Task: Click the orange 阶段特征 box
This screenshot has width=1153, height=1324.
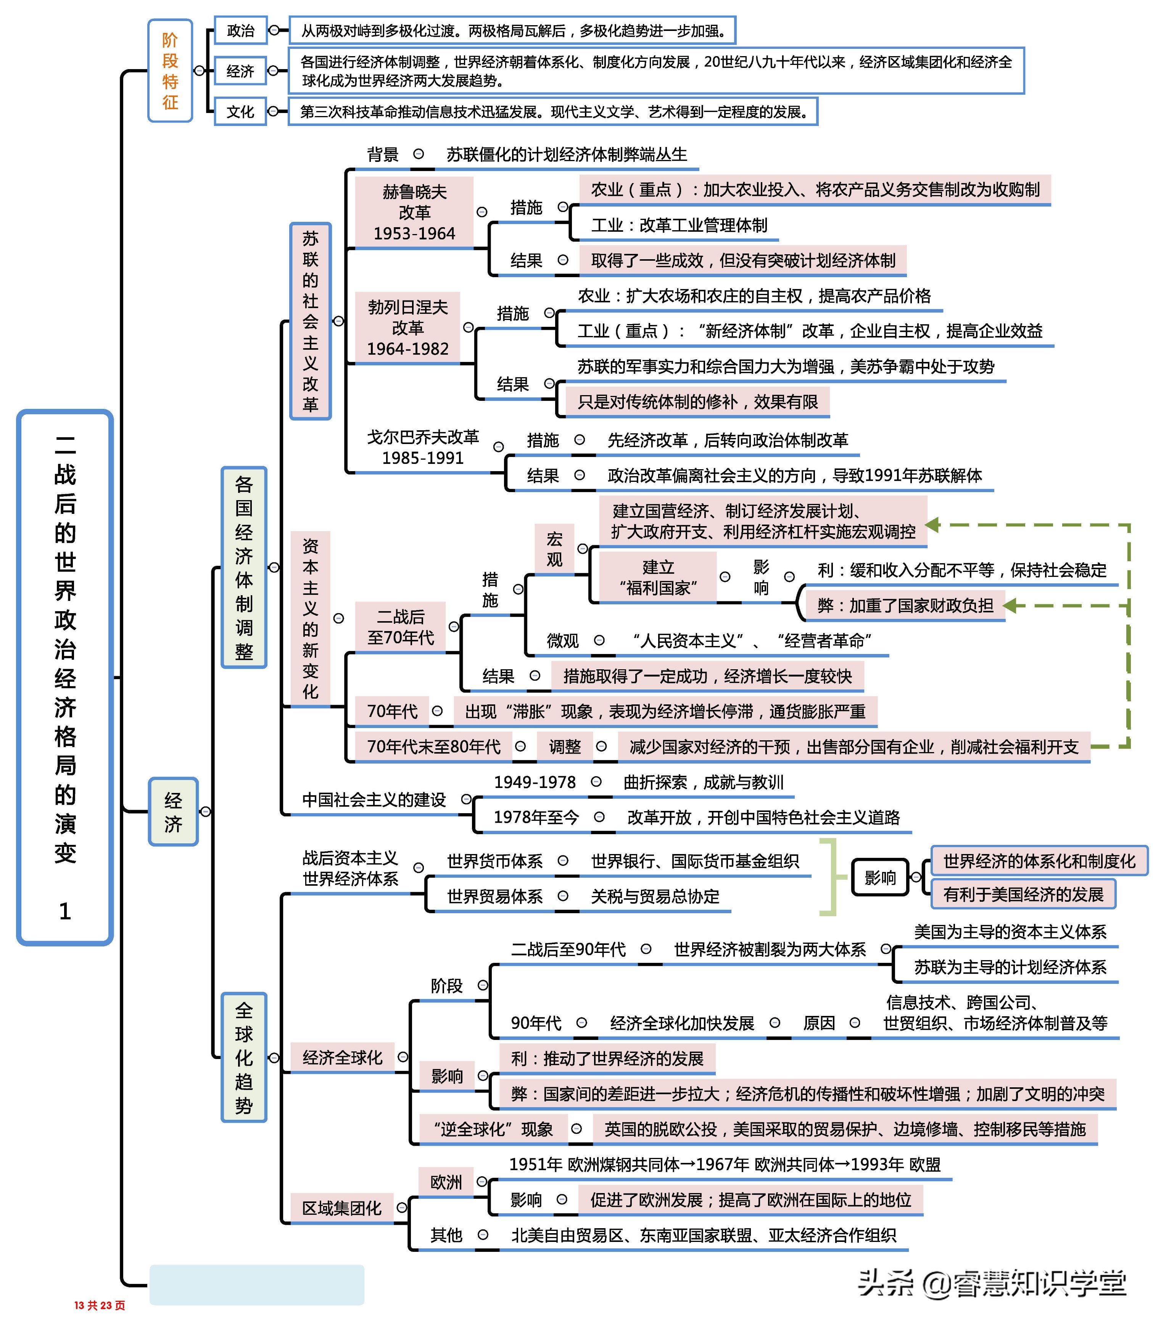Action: [170, 71]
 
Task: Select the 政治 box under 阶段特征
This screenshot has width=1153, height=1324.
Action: [241, 30]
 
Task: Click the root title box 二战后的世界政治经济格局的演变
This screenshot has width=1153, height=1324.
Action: [65, 677]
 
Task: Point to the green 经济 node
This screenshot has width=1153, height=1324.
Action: [173, 812]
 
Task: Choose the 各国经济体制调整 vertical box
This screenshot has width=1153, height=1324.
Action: [244, 567]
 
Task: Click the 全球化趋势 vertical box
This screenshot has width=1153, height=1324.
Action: [244, 1057]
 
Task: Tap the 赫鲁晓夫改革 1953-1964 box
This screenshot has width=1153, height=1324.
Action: [414, 212]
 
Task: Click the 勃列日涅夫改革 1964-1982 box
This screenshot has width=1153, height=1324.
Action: [408, 328]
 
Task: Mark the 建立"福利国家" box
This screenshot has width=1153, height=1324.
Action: [657, 577]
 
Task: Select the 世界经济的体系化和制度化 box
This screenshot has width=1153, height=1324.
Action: [1039, 861]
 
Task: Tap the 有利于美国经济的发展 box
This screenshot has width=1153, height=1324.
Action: [1023, 895]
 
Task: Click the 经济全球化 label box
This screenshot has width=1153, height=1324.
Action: [342, 1058]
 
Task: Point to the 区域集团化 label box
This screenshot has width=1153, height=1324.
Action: [342, 1208]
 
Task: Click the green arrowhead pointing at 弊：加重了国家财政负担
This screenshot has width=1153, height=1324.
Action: [1010, 605]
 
